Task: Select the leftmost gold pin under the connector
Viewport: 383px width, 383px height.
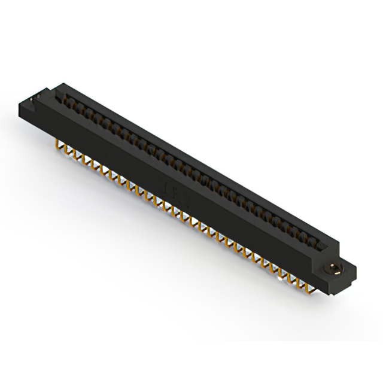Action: (59, 145)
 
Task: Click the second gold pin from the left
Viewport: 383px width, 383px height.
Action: (68, 150)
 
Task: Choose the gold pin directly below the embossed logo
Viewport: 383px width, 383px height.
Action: (174, 211)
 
